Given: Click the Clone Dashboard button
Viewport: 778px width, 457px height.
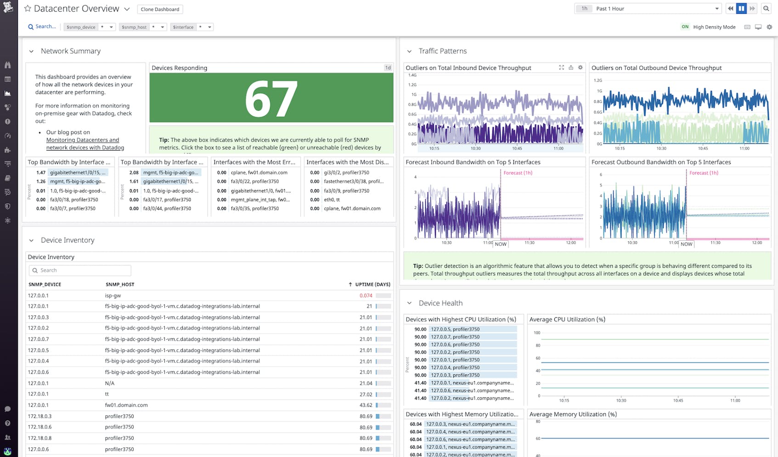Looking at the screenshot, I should pos(160,9).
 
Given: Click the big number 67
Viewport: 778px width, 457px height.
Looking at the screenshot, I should pos(271,99).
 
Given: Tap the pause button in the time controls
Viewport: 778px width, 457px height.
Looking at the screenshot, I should pos(741,9).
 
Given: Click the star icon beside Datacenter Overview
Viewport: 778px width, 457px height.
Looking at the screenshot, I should pos(28,9).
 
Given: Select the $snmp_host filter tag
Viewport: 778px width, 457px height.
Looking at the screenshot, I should pos(134,27).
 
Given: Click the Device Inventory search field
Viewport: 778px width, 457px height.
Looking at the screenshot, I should pos(80,271).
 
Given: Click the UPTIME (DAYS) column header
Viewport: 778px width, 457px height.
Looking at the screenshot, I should pos(372,284).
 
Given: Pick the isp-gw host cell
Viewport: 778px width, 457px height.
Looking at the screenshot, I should pos(113,295).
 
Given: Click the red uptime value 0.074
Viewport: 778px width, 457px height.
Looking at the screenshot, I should pos(366,295).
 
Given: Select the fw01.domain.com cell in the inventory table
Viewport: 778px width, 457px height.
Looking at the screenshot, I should pos(126,405).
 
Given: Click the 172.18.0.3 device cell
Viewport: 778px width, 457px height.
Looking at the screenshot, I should pos(39,416).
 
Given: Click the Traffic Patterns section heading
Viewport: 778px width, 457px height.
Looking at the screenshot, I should pos(442,51).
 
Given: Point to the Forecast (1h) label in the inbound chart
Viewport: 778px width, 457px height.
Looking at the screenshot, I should pos(518,173).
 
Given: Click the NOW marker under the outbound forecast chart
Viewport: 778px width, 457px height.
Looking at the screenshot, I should pos(686,244).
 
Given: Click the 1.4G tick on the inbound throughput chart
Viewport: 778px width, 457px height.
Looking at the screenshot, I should pos(412,75).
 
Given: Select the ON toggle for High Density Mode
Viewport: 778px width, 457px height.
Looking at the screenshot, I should pos(685,27).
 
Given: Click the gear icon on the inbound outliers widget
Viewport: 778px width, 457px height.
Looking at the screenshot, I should pos(580,68).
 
